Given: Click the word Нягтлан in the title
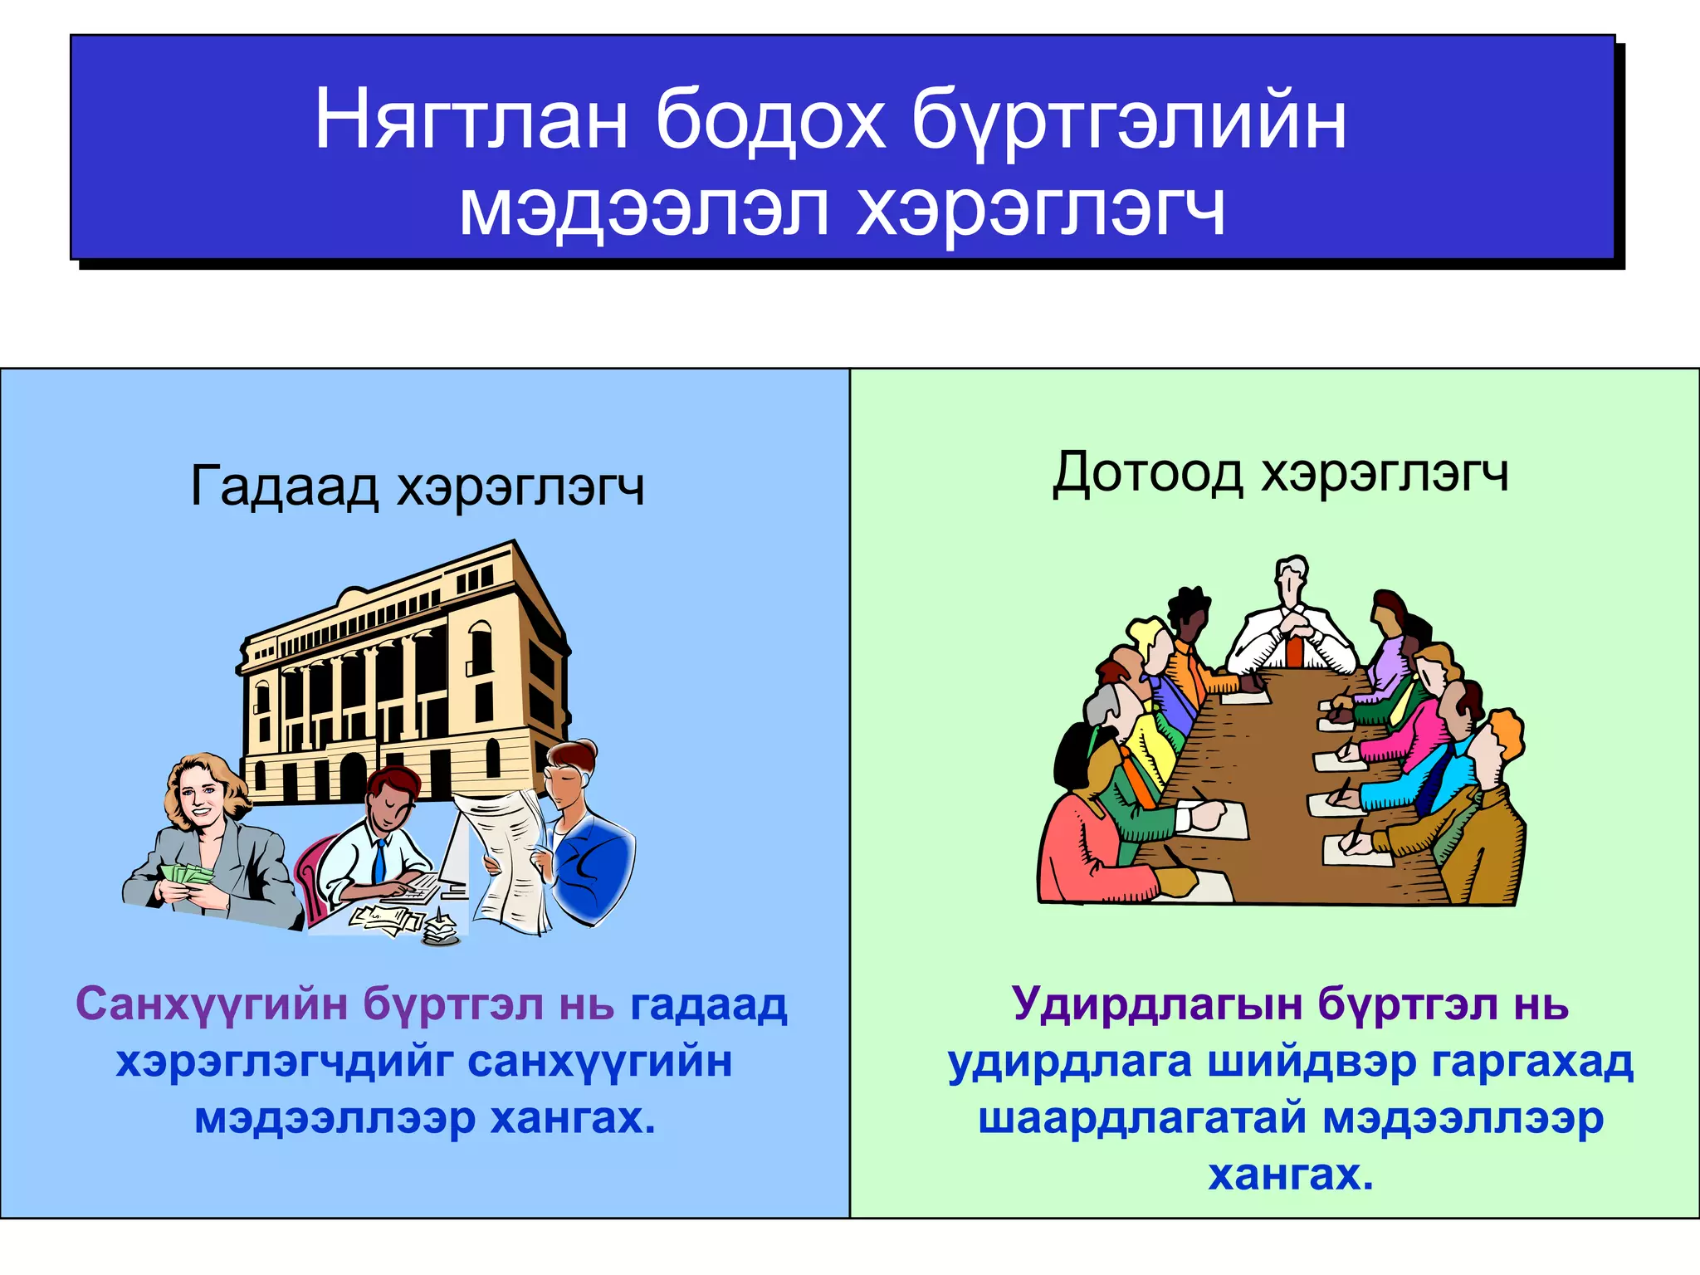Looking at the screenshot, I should pos(470,121).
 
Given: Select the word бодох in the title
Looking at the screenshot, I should pos(769,121).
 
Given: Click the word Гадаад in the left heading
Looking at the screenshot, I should pos(285,486).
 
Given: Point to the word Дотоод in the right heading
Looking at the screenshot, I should pos(1147,473).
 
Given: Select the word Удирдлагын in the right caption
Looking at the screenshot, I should pos(1157,1004).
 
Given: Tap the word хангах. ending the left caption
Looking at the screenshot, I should pos(572,1118).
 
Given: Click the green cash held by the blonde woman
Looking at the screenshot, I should pos(187,874).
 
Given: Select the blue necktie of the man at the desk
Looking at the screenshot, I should pos(379,860).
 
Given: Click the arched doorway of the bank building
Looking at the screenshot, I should pos(352,776).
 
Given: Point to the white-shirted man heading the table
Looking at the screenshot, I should pos(1292,631).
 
